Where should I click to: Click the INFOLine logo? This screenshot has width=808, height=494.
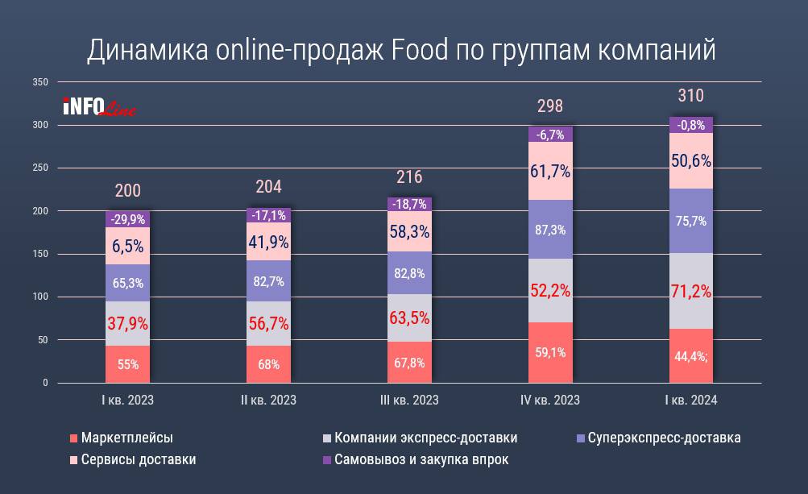point(98,106)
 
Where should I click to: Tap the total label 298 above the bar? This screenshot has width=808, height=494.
point(550,106)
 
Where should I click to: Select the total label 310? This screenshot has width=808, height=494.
point(690,96)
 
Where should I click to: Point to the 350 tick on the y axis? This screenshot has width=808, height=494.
point(41,82)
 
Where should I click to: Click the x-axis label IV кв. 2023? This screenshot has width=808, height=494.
point(550,401)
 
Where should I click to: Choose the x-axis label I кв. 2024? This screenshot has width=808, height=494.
point(690,401)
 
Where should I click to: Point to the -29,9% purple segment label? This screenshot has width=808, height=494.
point(127,218)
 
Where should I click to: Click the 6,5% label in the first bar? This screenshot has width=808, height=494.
point(127,245)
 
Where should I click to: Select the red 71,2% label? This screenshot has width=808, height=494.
point(690,291)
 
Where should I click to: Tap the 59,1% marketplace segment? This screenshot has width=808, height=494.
point(550,352)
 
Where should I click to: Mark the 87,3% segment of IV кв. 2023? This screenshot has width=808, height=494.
point(550,230)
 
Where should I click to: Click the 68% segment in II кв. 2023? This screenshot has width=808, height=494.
point(268,364)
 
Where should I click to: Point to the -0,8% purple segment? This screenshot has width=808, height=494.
point(690,125)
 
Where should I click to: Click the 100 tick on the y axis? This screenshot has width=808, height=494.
point(41,297)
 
